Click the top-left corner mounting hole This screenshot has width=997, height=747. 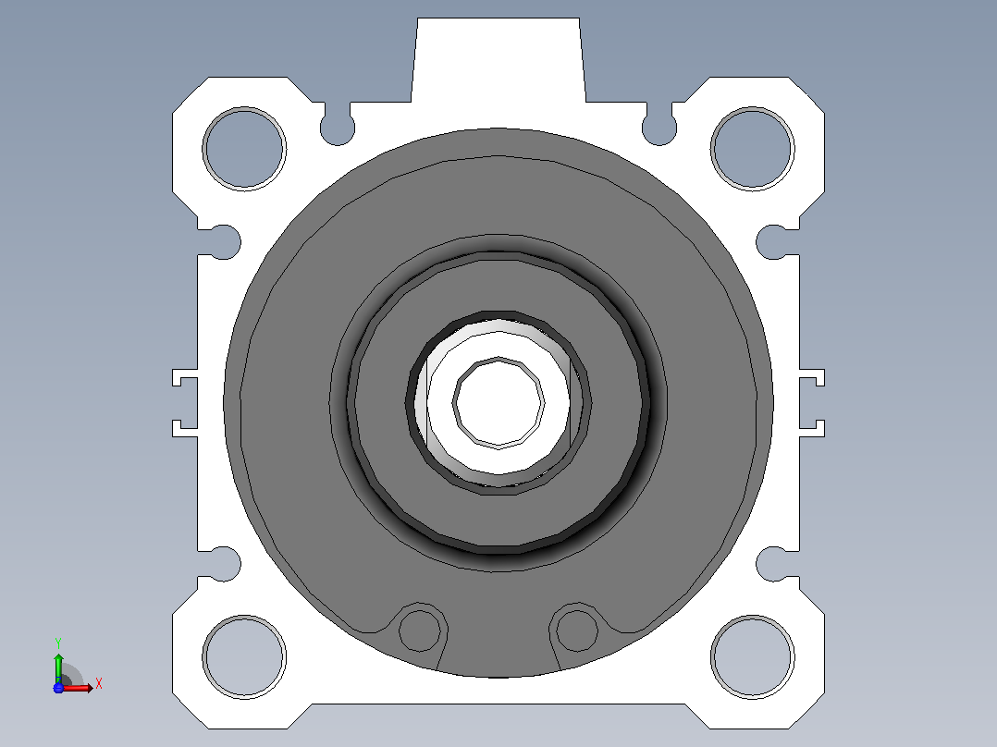click(x=244, y=149)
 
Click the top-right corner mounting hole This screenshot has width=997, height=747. click(x=752, y=149)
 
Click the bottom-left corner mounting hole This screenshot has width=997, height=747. click(x=244, y=656)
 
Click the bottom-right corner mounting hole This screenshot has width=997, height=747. click(x=752, y=656)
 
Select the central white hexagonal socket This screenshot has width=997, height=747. click(x=498, y=402)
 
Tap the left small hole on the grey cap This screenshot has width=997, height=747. click(x=419, y=630)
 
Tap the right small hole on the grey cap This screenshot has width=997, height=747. click(x=577, y=630)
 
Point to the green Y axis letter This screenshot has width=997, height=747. click(x=58, y=643)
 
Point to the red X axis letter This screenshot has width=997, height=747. click(x=99, y=684)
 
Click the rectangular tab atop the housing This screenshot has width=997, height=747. click(x=498, y=60)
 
